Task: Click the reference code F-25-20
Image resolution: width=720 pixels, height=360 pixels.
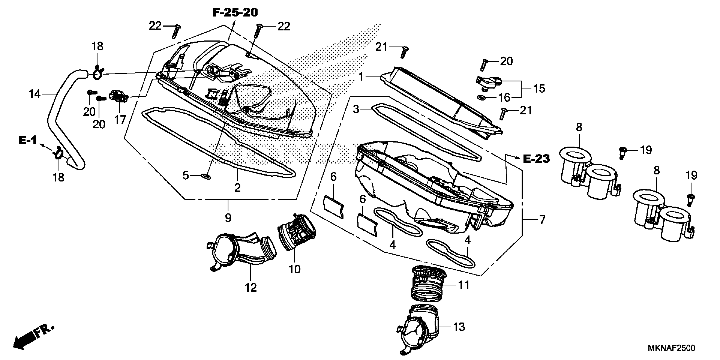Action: click(235, 12)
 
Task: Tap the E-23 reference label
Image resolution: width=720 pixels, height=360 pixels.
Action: click(536, 159)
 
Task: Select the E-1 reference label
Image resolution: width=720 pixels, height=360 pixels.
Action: click(28, 140)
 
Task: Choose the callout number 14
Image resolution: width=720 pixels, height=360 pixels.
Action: click(35, 94)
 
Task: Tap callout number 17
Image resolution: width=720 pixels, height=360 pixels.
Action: click(120, 120)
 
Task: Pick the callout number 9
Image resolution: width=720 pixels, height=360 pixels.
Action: click(228, 217)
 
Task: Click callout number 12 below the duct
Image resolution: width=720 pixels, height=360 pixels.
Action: click(251, 287)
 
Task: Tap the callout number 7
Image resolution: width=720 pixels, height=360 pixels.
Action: click(542, 220)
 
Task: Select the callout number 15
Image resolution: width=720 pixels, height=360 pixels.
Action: click(539, 89)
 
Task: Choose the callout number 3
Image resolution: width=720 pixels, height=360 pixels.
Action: click(356, 109)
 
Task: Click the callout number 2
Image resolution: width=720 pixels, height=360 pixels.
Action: click(237, 188)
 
